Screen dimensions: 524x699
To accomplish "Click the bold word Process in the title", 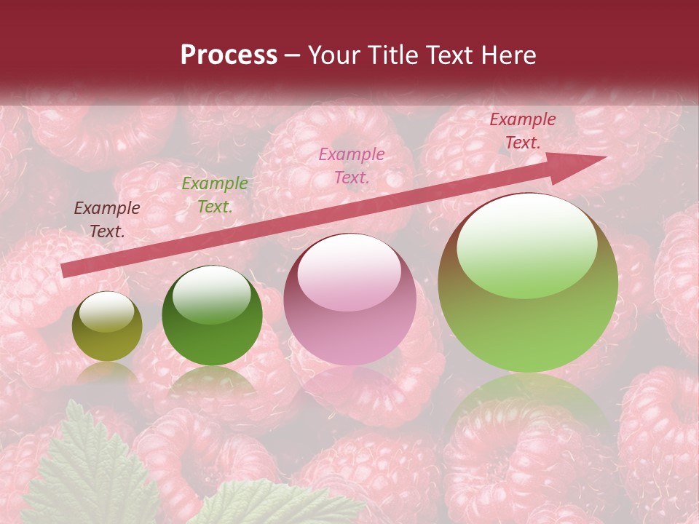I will click(229, 55).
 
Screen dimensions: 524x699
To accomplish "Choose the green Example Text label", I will click(214, 195).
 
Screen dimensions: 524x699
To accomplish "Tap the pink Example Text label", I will click(352, 165).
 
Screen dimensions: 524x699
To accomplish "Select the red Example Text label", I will click(522, 131).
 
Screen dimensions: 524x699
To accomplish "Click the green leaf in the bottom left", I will click(87, 473).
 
